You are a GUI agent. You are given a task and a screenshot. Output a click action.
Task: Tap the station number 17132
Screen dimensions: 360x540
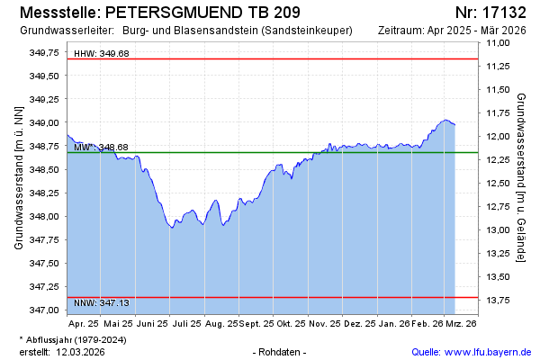(x=505, y=13)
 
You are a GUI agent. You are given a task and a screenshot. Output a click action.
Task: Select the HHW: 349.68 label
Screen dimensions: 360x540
(x=101, y=54)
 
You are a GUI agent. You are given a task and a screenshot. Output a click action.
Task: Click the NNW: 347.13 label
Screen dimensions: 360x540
(x=101, y=303)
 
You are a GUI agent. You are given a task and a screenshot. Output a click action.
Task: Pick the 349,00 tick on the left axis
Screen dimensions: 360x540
(x=45, y=122)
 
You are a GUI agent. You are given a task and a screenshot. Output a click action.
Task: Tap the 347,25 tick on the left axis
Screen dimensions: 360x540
(x=45, y=286)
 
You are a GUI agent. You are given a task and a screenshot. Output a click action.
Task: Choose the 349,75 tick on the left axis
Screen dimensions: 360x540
(x=45, y=53)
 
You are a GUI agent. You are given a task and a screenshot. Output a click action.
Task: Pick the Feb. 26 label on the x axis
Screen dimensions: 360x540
(x=426, y=321)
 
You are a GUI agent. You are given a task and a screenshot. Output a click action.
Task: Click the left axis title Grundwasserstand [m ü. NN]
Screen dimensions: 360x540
(x=19, y=177)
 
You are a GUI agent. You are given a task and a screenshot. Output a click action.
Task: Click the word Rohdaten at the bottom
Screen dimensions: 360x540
(x=280, y=351)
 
